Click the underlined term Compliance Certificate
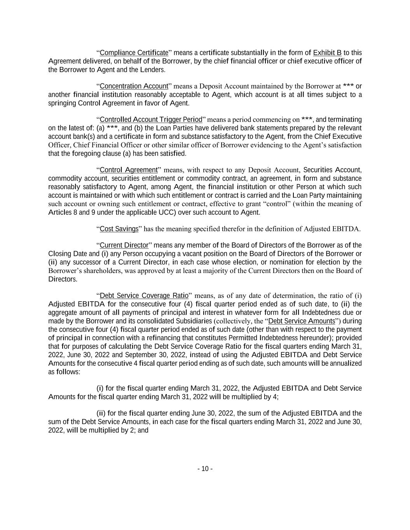[x=134, y=53]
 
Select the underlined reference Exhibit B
[x=327, y=53]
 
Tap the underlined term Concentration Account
[x=134, y=86]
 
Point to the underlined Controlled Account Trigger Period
[x=151, y=120]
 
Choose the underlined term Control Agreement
[x=129, y=170]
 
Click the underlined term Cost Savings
[x=119, y=229]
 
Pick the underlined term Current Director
[x=124, y=245]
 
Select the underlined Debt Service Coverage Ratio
[x=144, y=296]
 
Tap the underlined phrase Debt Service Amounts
[x=302, y=321]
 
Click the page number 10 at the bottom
[x=205, y=469]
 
